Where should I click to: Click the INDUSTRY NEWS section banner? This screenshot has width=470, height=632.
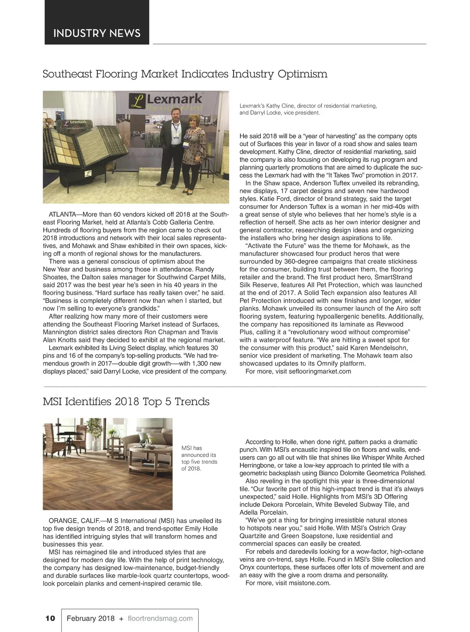pyautogui.click(x=97, y=33)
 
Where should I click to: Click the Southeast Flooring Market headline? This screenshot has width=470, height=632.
pyautogui.click(x=184, y=74)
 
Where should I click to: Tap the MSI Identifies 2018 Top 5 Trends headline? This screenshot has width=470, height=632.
pyautogui.click(x=126, y=402)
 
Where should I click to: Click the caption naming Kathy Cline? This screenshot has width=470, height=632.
pyautogui.click(x=308, y=109)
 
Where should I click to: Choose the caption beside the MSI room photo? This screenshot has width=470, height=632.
pyautogui.click(x=199, y=458)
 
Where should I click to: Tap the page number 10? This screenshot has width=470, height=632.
pyautogui.click(x=50, y=619)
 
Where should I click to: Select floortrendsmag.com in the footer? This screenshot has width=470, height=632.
pyautogui.click(x=160, y=619)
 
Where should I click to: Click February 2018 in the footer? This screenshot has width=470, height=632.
pyautogui.click(x=90, y=619)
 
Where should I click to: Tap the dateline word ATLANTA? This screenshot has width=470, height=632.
pyautogui.click(x=62, y=215)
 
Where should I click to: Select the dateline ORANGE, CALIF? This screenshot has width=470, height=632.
pyautogui.click(x=72, y=521)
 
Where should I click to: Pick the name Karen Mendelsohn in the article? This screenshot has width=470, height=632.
pyautogui.click(x=379, y=348)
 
